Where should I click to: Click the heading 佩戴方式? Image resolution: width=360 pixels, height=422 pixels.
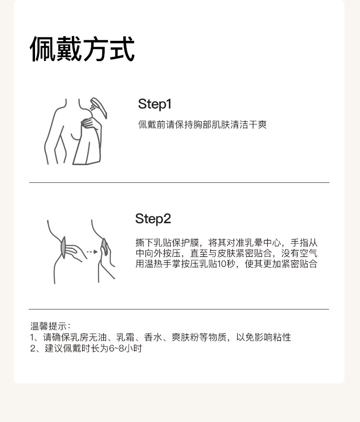click(82, 49)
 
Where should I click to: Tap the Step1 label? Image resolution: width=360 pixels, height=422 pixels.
click(155, 104)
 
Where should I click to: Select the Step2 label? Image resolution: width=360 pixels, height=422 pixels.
click(153, 219)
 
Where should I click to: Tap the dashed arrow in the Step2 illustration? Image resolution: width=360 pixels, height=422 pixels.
click(92, 252)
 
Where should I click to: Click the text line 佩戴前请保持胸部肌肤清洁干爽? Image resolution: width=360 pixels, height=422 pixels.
click(203, 125)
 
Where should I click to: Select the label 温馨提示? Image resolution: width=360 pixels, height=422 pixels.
click(48, 326)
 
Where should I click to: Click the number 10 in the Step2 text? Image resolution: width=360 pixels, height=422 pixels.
click(222, 264)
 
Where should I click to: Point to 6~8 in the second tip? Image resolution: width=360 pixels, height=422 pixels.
click(117, 349)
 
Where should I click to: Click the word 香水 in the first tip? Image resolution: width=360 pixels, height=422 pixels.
click(153, 337)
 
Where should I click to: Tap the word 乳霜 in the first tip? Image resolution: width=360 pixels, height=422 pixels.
click(125, 337)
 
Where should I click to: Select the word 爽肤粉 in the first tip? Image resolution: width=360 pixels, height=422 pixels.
click(185, 337)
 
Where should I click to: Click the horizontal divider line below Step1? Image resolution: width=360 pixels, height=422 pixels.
click(179, 182)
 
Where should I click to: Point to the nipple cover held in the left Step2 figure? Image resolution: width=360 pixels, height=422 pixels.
click(63, 247)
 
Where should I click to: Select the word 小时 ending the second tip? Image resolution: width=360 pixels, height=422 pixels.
click(133, 349)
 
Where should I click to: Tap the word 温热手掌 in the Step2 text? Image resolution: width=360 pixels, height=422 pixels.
click(163, 264)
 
